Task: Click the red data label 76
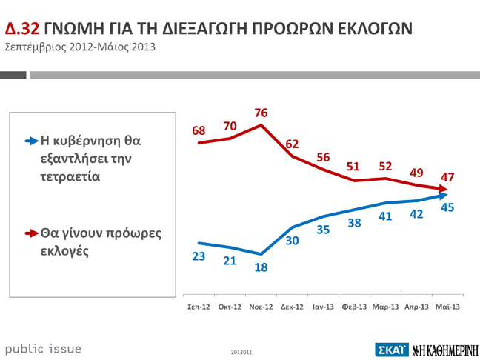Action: click(x=260, y=113)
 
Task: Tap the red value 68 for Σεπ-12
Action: click(x=199, y=130)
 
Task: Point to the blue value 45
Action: click(x=447, y=208)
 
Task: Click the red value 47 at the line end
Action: click(x=447, y=176)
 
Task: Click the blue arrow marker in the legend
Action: click(x=30, y=140)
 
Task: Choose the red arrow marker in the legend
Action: click(x=30, y=233)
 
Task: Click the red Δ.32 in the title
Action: click(x=22, y=29)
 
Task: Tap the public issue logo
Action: click(x=43, y=348)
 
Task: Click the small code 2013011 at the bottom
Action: click(x=241, y=351)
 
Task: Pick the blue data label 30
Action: click(x=291, y=240)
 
